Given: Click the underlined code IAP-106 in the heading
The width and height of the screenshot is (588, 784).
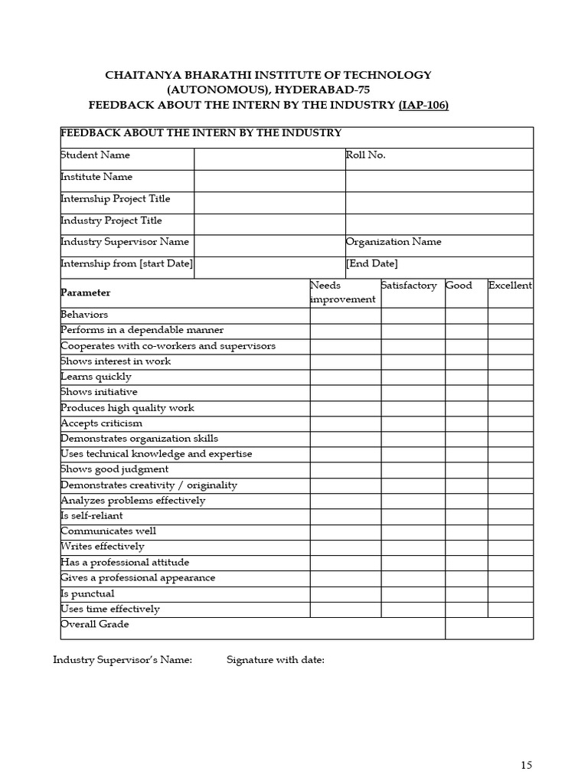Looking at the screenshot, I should (423, 105).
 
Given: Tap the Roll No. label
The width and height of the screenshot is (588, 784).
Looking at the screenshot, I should (366, 155).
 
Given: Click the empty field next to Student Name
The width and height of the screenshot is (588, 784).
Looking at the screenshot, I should (269, 158).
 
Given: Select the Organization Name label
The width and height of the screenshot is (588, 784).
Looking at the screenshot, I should (394, 242).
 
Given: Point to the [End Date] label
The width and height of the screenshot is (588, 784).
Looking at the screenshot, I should (372, 263).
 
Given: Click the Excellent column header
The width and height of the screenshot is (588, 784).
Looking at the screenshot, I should (510, 286).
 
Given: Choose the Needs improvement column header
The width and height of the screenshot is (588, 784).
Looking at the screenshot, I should (343, 292).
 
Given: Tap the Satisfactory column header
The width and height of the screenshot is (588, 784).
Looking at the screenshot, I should (409, 286).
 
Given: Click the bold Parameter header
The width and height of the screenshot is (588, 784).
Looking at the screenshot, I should (86, 292).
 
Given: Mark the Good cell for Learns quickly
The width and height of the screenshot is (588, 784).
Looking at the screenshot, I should (466, 377).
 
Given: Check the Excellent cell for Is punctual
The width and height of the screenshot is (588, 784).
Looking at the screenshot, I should (510, 594).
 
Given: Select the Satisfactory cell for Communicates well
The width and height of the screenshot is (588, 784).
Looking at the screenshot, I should (413, 532).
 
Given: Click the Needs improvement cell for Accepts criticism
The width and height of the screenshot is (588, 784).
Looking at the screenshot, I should (345, 423).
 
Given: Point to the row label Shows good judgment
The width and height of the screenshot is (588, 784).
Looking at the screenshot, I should (115, 469).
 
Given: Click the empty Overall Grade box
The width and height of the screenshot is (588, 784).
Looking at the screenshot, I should (488, 628).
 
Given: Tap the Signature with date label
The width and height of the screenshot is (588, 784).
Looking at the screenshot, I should (276, 660).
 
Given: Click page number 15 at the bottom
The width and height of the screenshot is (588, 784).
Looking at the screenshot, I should (526, 765).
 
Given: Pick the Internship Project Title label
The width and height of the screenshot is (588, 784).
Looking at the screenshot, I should (116, 199).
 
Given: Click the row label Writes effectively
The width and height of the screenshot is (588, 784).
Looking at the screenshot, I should (103, 547).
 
